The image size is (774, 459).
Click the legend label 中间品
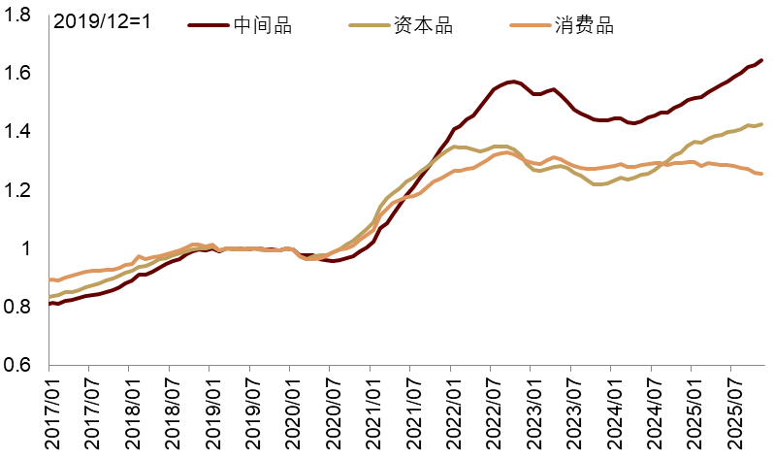pyautogui.click(x=263, y=26)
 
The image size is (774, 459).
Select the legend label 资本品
pyautogui.click(x=423, y=26)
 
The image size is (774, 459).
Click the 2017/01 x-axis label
pyautogui.click(x=48, y=412)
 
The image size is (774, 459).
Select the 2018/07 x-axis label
pyautogui.click(x=169, y=412)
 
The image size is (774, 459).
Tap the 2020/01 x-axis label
pyautogui.click(x=289, y=412)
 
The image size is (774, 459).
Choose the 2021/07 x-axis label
pyautogui.click(x=410, y=412)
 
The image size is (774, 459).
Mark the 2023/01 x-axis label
pyautogui.click(x=531, y=412)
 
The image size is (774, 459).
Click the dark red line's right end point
pyautogui.click(x=761, y=60)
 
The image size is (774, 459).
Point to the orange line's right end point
pyautogui.click(x=761, y=174)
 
